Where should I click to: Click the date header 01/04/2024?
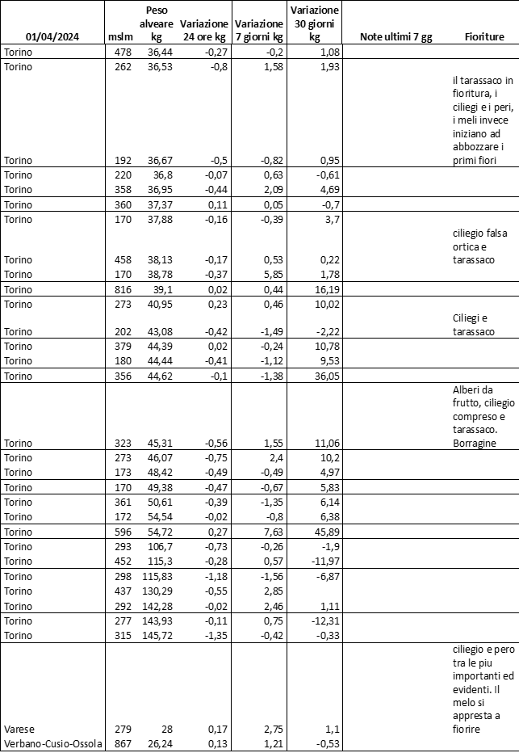[x=52, y=37]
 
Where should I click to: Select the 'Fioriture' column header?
[x=484, y=37]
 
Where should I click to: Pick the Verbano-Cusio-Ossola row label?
[x=53, y=744]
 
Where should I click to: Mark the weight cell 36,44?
[x=150, y=53]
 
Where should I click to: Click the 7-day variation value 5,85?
[x=271, y=276]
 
